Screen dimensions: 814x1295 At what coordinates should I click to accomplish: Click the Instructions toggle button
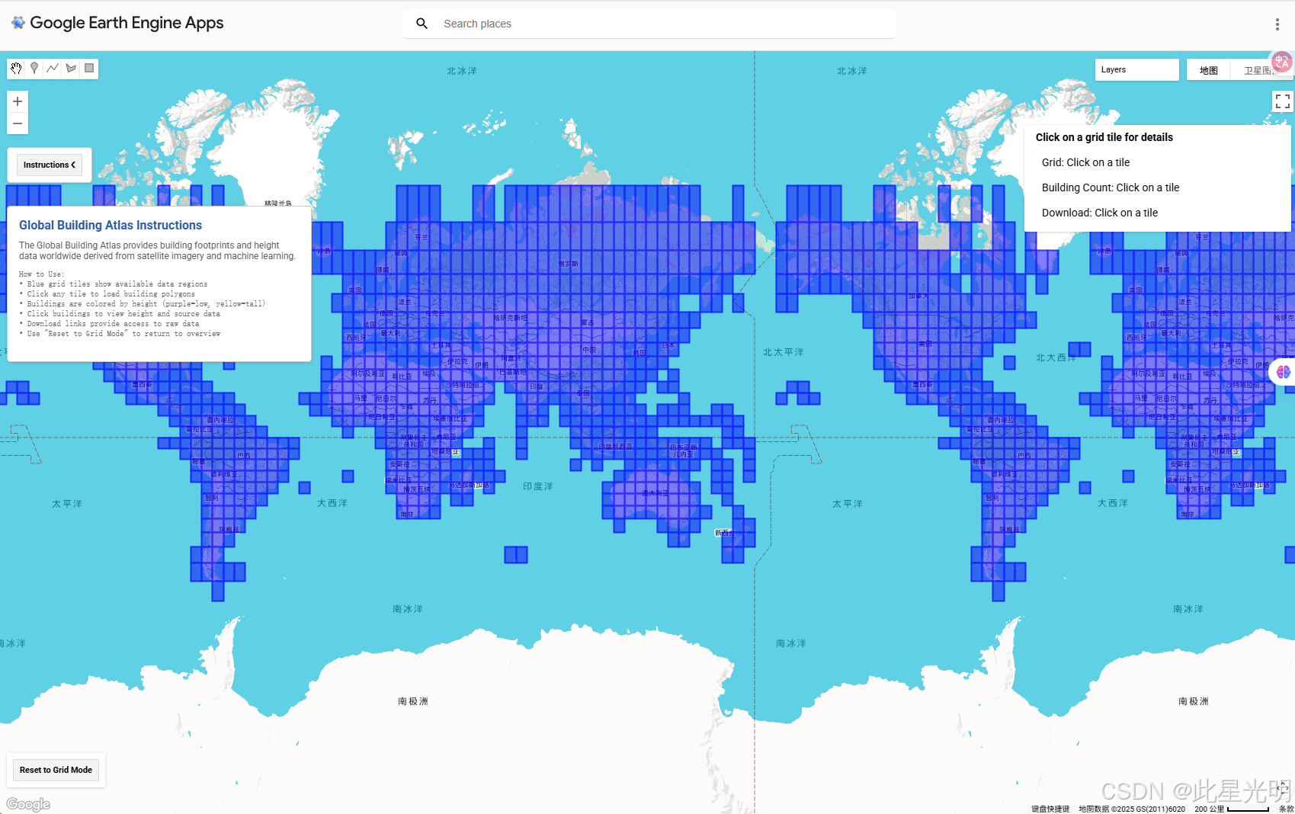coord(50,165)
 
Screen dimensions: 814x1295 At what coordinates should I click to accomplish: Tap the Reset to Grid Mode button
coord(56,770)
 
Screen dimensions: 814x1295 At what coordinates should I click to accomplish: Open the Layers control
coord(1136,69)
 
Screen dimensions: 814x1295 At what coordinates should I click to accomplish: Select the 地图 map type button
coord(1208,70)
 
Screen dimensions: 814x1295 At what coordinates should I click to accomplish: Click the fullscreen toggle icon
coord(1282,101)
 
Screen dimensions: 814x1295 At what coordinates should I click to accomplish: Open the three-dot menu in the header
coord(1277,24)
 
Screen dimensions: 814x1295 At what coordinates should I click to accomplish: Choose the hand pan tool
coord(16,69)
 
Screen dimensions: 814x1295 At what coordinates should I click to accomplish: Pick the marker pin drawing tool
coord(34,69)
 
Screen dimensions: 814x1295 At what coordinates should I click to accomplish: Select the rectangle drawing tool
coord(89,69)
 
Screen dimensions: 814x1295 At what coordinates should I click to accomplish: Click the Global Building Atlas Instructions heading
coord(111,225)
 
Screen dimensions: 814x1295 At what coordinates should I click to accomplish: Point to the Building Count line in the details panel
coord(1110,187)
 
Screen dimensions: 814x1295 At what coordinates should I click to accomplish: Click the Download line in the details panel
coord(1099,213)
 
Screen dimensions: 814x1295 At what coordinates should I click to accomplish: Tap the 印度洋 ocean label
coord(538,486)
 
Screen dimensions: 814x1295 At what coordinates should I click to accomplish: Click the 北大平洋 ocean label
coord(783,352)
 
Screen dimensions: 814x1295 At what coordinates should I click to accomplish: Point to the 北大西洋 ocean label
coord(1056,357)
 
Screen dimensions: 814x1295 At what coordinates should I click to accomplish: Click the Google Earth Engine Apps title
coord(127,23)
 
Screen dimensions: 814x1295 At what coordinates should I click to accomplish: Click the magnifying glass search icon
coord(422,24)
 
